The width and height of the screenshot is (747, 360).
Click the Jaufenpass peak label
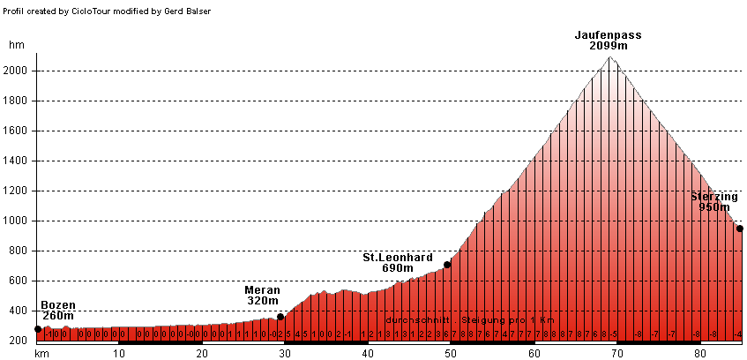pyautogui.click(x=608, y=35)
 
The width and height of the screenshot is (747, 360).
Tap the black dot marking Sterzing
pyautogui.click(x=739, y=229)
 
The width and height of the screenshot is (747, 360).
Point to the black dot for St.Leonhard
pyautogui.click(x=447, y=265)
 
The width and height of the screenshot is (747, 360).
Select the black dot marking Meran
pyautogui.click(x=280, y=317)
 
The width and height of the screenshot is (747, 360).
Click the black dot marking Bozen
pyautogui.click(x=38, y=329)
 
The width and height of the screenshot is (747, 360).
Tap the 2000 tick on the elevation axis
pyautogui.click(x=17, y=71)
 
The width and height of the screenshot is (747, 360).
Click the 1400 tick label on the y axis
pyautogui.click(x=17, y=161)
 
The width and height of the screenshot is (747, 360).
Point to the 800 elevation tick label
pyautogui.click(x=19, y=251)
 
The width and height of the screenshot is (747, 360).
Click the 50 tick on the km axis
pyautogui.click(x=451, y=353)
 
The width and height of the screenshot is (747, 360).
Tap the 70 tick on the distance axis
pyautogui.click(x=616, y=353)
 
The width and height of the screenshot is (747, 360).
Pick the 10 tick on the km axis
pyautogui.click(x=118, y=353)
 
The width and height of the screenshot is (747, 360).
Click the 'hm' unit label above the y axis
pyautogui.click(x=16, y=44)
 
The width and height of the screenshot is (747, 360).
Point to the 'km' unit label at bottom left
pyautogui.click(x=41, y=353)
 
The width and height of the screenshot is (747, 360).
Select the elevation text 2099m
pyautogui.click(x=608, y=46)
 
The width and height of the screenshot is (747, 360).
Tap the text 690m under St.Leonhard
pyautogui.click(x=398, y=267)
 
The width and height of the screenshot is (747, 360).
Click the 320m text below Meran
pyautogui.click(x=262, y=301)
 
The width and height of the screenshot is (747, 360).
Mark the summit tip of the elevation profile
pyautogui.click(x=609, y=57)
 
